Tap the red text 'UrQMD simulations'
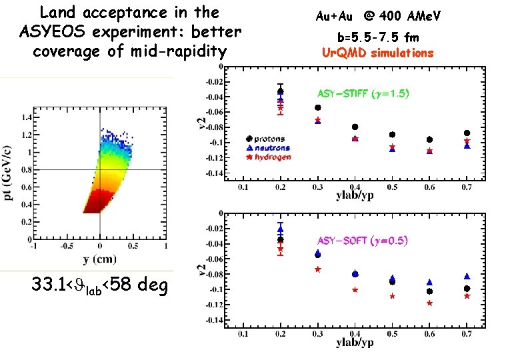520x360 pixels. tap(377, 53)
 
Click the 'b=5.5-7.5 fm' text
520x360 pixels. tap(377, 37)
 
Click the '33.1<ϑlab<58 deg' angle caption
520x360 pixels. tap(100, 287)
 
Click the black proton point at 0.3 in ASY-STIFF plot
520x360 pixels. tap(317, 107)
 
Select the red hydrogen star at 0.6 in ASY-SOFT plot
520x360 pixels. tap(429, 303)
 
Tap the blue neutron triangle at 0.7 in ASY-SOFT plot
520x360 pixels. tap(467, 276)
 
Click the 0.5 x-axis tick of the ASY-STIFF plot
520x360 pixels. tap(393, 188)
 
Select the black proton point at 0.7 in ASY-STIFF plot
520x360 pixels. tap(467, 133)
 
